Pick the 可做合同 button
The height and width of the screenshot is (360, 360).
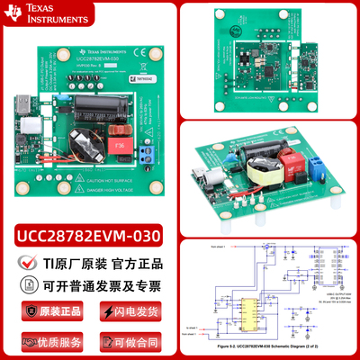(x=130, y=341)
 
